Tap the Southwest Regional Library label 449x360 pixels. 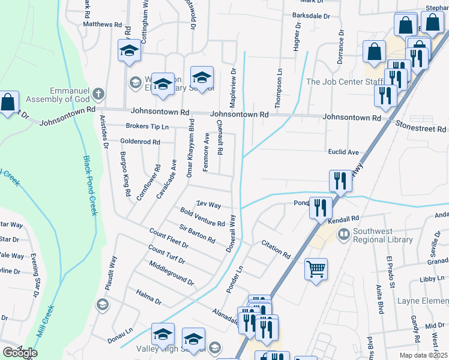coord(383,235)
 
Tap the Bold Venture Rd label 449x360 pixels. coord(202,217)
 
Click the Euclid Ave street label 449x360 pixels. coord(343,152)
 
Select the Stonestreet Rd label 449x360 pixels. coord(421,126)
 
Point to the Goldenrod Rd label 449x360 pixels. coord(140,142)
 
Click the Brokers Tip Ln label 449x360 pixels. coord(147,127)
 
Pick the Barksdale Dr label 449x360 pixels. coord(312,16)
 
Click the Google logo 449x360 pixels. coord(20,352)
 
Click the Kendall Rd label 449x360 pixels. coord(343,219)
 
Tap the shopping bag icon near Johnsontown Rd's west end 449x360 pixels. coord(8,103)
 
